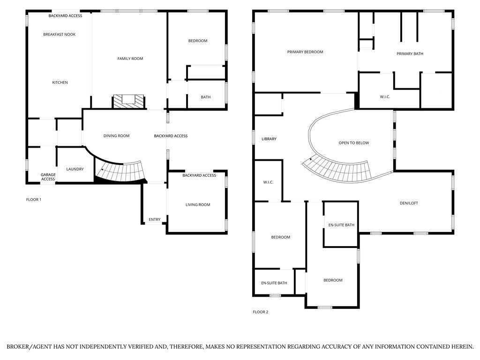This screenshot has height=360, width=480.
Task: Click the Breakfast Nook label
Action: tap(59, 34)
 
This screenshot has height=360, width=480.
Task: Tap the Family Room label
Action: tap(130, 59)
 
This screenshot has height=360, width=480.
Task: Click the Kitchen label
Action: tap(60, 82)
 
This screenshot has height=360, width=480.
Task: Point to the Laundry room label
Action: tap(75, 169)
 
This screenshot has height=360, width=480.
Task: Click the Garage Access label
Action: tap(48, 177)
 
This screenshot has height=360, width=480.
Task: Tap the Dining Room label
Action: tap(116, 136)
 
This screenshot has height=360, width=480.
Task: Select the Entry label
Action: tap(155, 219)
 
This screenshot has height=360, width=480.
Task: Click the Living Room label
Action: tap(198, 205)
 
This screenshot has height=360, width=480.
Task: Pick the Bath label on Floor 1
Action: tap(206, 97)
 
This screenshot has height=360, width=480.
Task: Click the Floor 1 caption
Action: tap(34, 200)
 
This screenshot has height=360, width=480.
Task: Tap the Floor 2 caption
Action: tap(261, 312)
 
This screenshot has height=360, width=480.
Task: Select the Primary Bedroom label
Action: tap(305, 52)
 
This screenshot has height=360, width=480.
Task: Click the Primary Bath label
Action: tap(410, 54)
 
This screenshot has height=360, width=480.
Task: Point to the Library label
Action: tap(269, 139)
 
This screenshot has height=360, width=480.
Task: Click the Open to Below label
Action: tap(353, 143)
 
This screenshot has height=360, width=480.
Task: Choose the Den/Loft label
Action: tap(409, 203)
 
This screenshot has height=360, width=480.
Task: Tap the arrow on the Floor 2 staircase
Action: tap(311, 160)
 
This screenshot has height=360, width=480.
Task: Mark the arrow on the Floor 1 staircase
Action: tap(102, 171)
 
